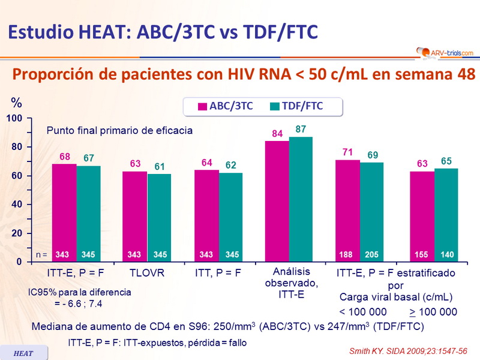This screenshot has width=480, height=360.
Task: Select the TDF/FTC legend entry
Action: (297, 106)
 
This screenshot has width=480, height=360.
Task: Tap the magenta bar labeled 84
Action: (277, 202)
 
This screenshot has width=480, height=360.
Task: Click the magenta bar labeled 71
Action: (347, 211)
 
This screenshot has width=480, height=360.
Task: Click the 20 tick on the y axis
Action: (17, 233)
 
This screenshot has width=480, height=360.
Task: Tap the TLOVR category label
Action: (146, 273)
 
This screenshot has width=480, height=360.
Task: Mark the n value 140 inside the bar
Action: (446, 255)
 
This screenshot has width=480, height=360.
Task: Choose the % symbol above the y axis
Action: (16, 102)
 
